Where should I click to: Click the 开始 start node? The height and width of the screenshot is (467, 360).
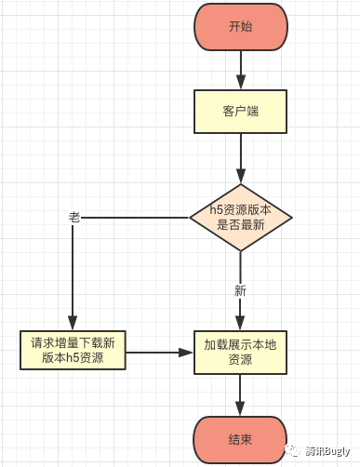click(x=241, y=26)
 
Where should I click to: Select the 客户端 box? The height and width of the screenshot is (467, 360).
click(x=241, y=111)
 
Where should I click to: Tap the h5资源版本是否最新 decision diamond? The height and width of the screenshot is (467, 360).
click(x=241, y=218)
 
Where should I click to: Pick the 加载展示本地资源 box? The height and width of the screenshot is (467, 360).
click(x=241, y=352)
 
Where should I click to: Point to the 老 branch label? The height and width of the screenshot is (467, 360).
click(x=74, y=217)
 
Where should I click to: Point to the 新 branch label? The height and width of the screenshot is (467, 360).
click(x=240, y=290)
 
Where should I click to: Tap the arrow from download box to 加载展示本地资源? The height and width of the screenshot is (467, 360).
click(x=158, y=353)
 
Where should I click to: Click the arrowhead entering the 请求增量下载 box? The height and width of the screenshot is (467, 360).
click(x=73, y=322)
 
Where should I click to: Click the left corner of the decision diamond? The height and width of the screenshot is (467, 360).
click(x=191, y=218)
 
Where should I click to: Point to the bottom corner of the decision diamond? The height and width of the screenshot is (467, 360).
click(x=241, y=251)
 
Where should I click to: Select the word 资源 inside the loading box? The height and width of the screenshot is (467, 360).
click(x=241, y=360)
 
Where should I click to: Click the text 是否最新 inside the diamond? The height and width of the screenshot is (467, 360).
click(x=241, y=225)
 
